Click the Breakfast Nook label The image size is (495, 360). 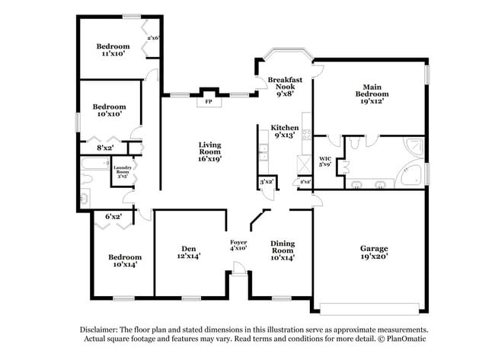(285, 84)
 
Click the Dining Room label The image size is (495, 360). (283, 248)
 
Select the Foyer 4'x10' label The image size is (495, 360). (238, 245)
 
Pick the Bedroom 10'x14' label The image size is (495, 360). (124, 261)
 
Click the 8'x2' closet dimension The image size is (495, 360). (105, 148)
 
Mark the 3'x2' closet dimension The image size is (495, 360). (266, 182)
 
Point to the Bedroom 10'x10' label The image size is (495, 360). (109, 110)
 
